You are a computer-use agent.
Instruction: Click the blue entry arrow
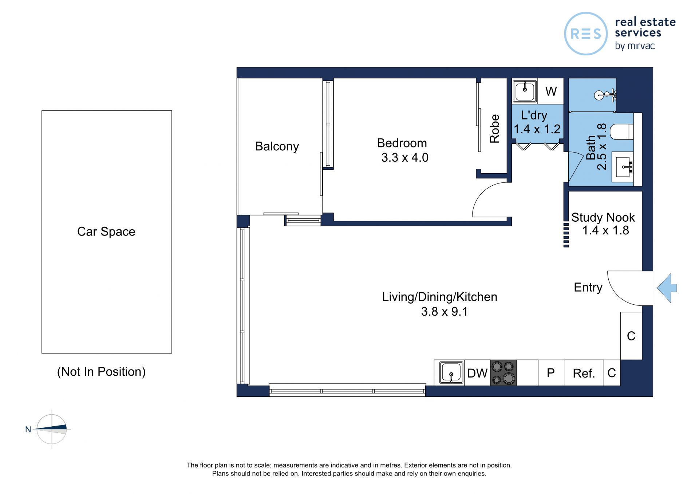pos(667,288)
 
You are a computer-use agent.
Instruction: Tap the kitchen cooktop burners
pos(503,373)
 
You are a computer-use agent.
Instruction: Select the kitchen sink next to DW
pos(451,372)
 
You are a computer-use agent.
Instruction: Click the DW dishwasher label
pos(477,373)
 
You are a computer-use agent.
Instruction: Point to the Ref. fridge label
pos(584,373)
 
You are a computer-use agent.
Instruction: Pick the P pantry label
pos(551,373)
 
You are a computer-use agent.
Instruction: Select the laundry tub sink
pos(525,91)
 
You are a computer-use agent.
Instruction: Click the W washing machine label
pos(551,91)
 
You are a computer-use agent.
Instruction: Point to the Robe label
pos(494,129)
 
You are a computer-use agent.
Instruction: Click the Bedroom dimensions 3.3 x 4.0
pos(405,158)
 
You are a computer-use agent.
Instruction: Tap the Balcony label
pos(277,146)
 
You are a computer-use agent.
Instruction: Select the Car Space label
pos(106,232)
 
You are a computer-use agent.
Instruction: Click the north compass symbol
pos(52,429)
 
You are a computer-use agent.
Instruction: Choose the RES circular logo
pos(586,34)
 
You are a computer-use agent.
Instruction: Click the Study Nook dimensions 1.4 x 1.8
pos(606,230)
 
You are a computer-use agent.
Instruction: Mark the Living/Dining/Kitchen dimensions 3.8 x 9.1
pos(445,312)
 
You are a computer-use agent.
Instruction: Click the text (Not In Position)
pos(101,372)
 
